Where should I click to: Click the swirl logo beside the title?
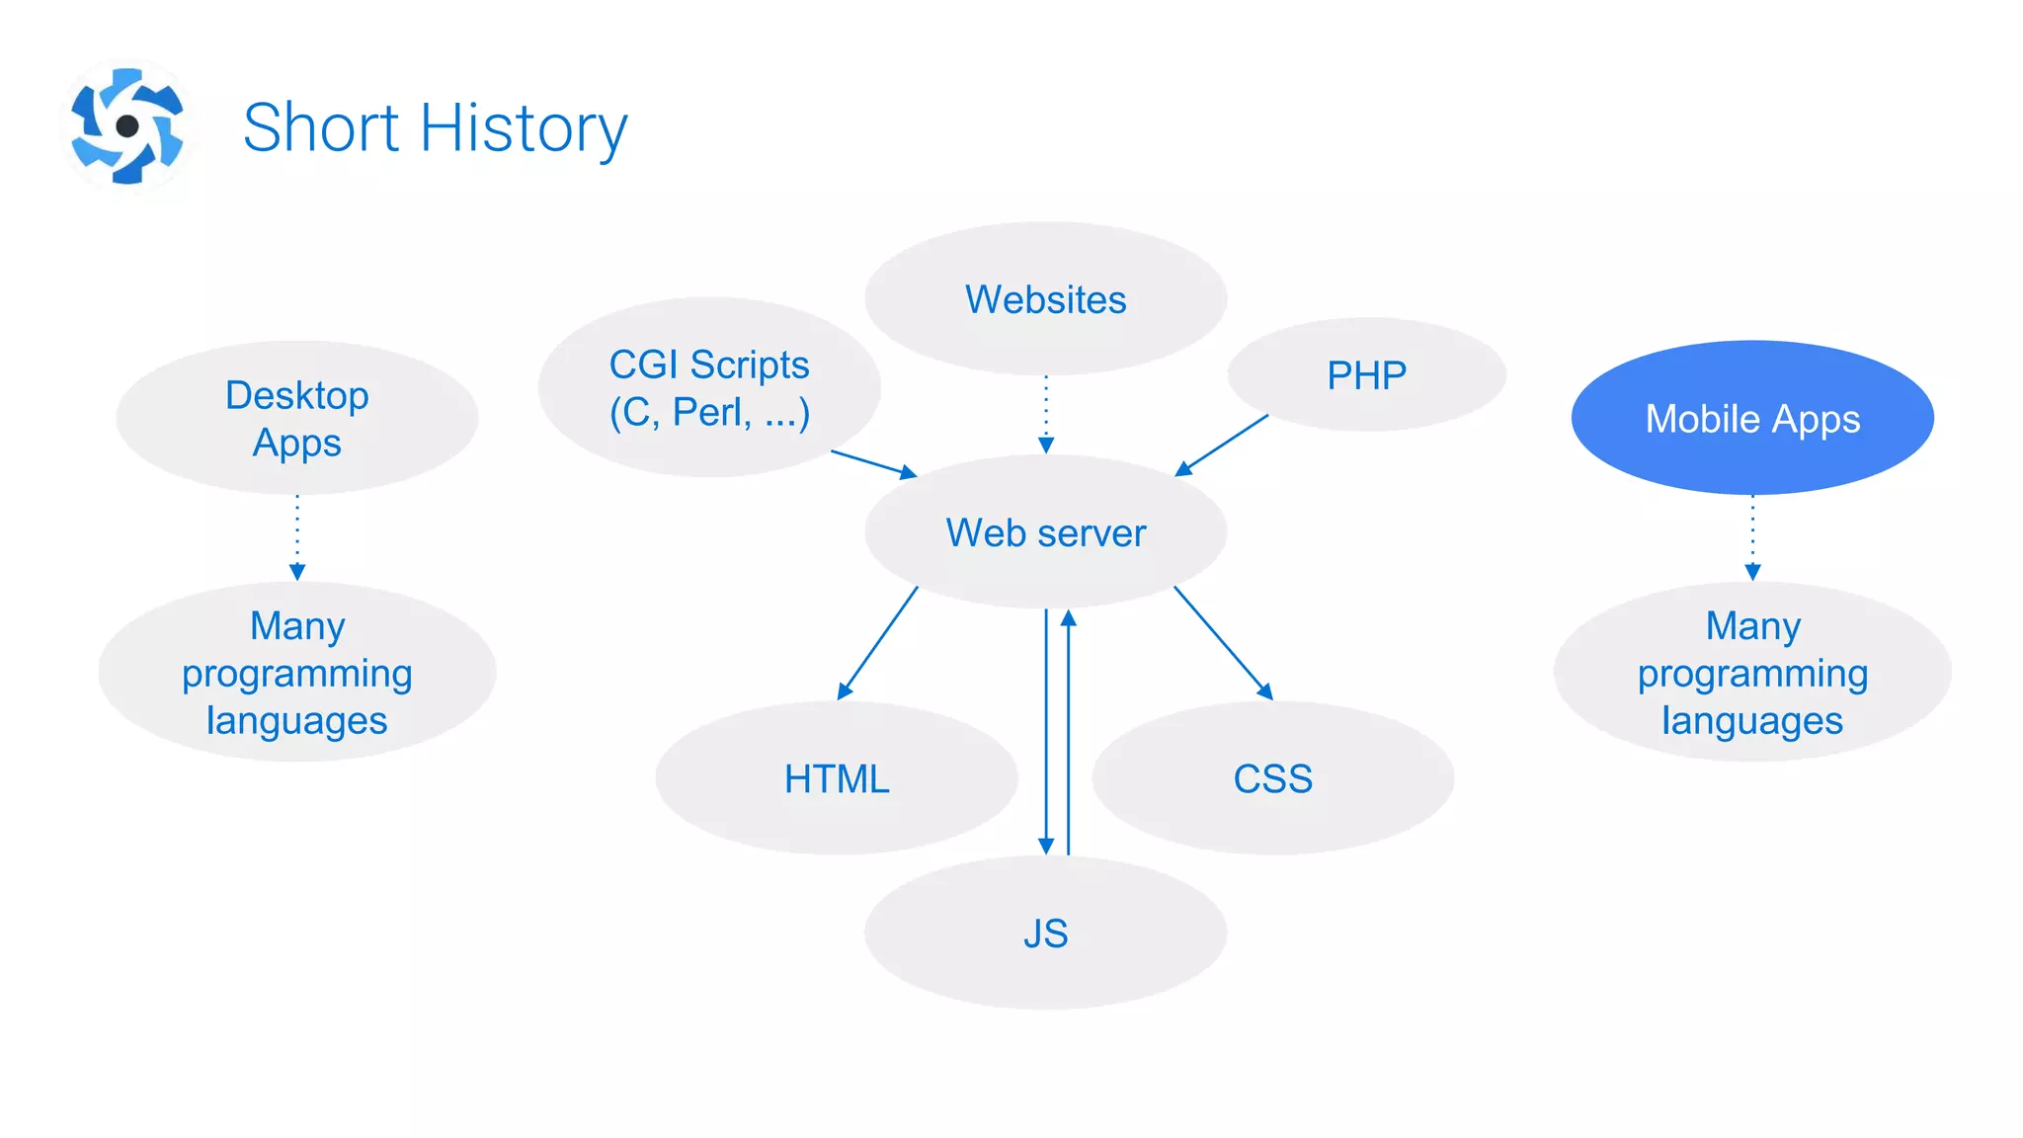pyautogui.click(x=127, y=126)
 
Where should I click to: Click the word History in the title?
pyautogui.click(x=524, y=128)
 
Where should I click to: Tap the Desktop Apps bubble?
pyautogui.click(x=297, y=418)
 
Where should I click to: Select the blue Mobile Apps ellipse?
pyautogui.click(x=1752, y=418)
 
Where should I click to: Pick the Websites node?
pyautogui.click(x=1045, y=298)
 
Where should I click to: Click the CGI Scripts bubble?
pyautogui.click(x=708, y=387)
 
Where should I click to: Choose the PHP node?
pyautogui.click(x=1366, y=374)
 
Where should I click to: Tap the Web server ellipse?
pyautogui.click(x=1045, y=532)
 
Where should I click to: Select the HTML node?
pyautogui.click(x=836, y=778)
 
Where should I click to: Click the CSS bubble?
pyautogui.click(x=1272, y=778)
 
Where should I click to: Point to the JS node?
pyautogui.click(x=1045, y=933)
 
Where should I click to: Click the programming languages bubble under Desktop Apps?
pyautogui.click(x=297, y=673)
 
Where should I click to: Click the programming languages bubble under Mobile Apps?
pyautogui.click(x=1752, y=673)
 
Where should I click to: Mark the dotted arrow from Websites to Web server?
pyautogui.click(x=1046, y=415)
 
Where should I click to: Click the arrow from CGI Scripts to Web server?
pyautogui.click(x=873, y=463)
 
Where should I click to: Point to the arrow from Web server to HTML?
pyautogui.click(x=878, y=643)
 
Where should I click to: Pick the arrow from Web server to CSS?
pyautogui.click(x=1223, y=643)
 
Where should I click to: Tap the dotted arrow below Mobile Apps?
pyautogui.click(x=1752, y=536)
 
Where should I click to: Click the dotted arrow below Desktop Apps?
pyautogui.click(x=297, y=536)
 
